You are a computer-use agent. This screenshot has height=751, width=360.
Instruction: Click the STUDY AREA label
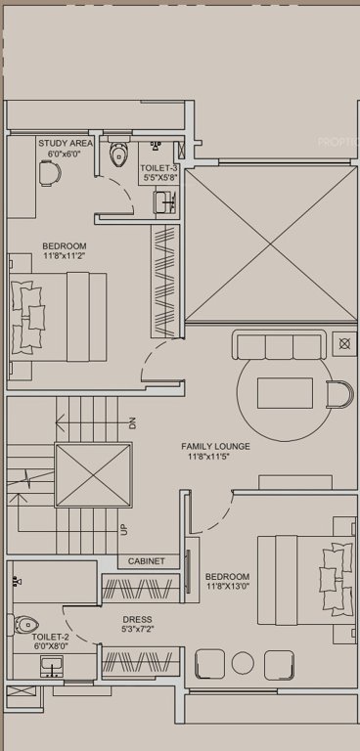(67, 143)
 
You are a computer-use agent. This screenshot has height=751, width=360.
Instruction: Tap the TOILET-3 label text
(159, 168)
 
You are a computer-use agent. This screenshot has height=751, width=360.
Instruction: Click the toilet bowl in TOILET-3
(120, 154)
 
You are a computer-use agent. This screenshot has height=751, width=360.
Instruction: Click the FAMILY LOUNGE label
(216, 447)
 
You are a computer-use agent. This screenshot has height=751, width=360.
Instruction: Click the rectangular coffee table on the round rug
(284, 392)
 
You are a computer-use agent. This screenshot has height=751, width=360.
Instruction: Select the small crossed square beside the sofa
(344, 343)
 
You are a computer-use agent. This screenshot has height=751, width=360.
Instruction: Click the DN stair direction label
(133, 422)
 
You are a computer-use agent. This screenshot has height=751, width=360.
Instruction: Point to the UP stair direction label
(124, 529)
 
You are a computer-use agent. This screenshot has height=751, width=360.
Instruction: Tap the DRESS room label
(136, 620)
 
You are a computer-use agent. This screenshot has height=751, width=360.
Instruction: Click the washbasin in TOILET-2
(53, 666)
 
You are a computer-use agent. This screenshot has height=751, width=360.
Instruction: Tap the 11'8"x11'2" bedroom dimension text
(65, 256)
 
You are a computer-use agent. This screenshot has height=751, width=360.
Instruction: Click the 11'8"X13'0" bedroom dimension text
(227, 588)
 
